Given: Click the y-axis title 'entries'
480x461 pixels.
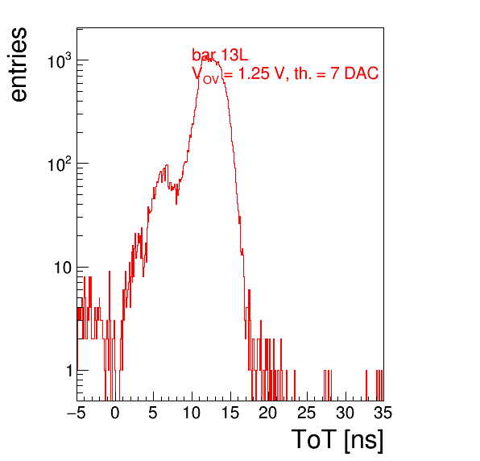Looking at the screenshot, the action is point(19,64).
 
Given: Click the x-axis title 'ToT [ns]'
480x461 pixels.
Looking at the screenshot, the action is point(337,440).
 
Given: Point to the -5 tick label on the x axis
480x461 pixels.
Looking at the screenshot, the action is point(77,413).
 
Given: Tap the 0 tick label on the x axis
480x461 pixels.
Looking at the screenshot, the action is point(115,413).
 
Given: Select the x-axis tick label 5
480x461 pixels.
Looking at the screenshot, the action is point(153,413).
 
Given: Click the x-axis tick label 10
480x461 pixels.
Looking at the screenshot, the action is point(192,413).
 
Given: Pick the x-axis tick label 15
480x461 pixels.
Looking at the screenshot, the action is point(230,413).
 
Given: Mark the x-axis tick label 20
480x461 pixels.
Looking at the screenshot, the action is point(268,413).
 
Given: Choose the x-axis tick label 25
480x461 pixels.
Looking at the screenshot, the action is point(307,413).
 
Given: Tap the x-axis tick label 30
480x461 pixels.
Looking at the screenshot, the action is point(346,413).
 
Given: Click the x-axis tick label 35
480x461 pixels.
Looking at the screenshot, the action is point(383,413).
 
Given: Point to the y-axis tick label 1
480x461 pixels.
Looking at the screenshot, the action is point(69,371).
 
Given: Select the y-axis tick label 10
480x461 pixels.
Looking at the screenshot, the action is point(64,268).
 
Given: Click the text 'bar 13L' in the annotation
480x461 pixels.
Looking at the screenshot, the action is point(220,55).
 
